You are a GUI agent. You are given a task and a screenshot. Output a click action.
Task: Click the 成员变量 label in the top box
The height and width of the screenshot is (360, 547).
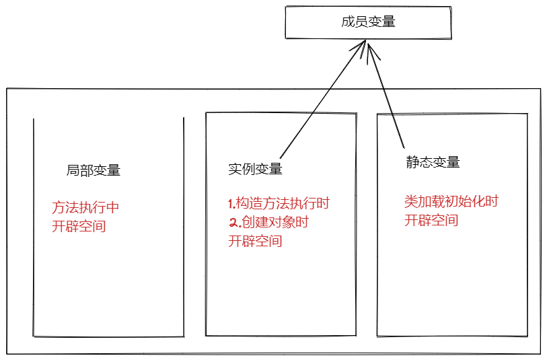pos(368,22)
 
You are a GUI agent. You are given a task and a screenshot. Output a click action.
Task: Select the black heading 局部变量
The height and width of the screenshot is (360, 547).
pos(93,170)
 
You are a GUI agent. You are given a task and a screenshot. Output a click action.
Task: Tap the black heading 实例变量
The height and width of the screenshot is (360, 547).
pos(255,169)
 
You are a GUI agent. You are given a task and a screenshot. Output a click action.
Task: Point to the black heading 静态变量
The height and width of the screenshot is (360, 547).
pos(433,162)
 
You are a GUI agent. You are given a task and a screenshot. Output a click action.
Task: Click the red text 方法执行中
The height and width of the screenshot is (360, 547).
pos(85,207)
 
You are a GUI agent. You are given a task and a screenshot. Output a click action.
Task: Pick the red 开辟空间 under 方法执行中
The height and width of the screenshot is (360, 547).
pos(79,226)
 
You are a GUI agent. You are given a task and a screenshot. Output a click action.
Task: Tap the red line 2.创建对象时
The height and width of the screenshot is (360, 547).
pos(268,223)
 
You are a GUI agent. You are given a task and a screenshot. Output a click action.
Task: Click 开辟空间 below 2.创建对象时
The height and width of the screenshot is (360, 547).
pos(255,242)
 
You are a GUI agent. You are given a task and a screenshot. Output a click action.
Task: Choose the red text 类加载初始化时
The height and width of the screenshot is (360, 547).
pos(451,201)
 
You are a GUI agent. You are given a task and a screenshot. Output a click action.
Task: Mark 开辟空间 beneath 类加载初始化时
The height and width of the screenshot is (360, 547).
pos(431,220)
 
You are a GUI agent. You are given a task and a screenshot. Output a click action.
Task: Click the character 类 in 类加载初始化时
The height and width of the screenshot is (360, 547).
pos(410,201)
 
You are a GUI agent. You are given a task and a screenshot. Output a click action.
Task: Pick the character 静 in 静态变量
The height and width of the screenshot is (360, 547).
pos(412,162)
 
